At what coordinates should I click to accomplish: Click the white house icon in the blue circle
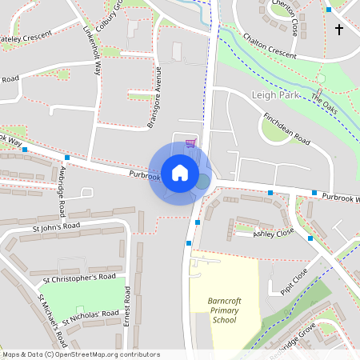point(180,172)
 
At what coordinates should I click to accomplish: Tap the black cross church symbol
point(338,30)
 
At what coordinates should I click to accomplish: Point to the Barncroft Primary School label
point(224,310)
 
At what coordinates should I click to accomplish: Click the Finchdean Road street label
point(286,128)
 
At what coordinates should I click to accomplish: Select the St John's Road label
point(57,227)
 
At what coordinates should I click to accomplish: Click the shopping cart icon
point(190,143)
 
